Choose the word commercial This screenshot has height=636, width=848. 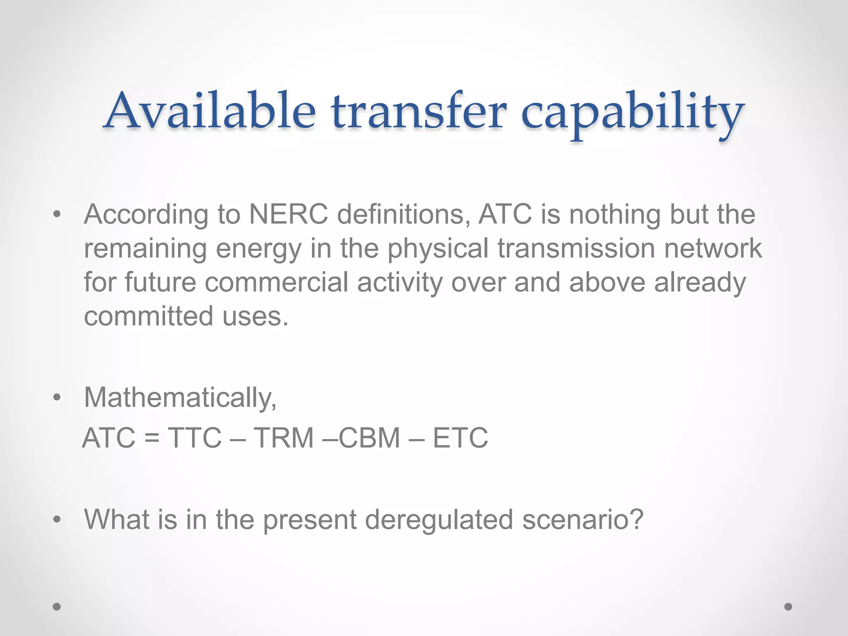(277, 282)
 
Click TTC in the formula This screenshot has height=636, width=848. (195, 438)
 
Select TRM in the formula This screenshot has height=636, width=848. (284, 438)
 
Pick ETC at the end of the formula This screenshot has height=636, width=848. (460, 438)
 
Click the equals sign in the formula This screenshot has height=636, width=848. (152, 438)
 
